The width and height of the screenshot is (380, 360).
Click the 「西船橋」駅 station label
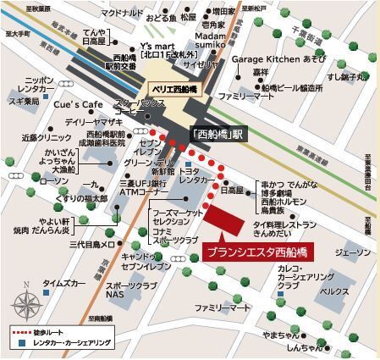[x=216, y=133]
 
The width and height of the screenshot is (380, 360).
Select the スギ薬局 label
[x=25, y=100]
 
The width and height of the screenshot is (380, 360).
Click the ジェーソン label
[x=352, y=252]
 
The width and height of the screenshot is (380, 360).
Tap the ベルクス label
[x=333, y=291]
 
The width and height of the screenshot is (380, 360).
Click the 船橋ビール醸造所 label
[x=293, y=86]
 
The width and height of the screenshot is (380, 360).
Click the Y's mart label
[x=158, y=45]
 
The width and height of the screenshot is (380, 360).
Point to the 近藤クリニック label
[x=42, y=136]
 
